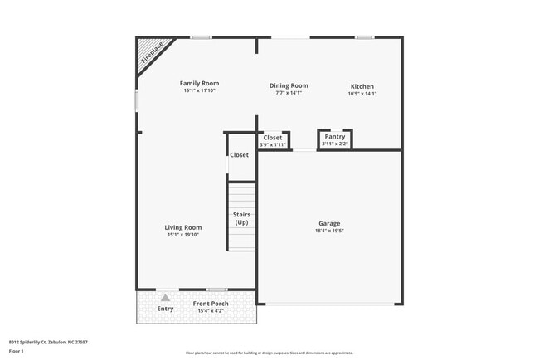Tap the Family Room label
[x=200, y=83]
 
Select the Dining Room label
[x=289, y=85]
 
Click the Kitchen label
[x=362, y=86]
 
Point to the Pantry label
[x=335, y=137]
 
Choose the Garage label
[x=329, y=223]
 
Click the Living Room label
[x=183, y=227]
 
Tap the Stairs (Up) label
[x=241, y=219]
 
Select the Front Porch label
[x=211, y=303]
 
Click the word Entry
[x=166, y=309]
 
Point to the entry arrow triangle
[x=166, y=298]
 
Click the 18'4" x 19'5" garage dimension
[x=329, y=231]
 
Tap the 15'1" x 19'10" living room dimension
[x=183, y=235]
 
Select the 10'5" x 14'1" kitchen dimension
[x=362, y=94]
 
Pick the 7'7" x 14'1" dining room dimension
[x=289, y=93]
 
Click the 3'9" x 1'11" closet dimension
[x=272, y=145]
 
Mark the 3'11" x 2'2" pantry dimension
[x=335, y=144]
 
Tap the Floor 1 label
[x=17, y=351]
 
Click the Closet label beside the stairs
[x=239, y=155]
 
